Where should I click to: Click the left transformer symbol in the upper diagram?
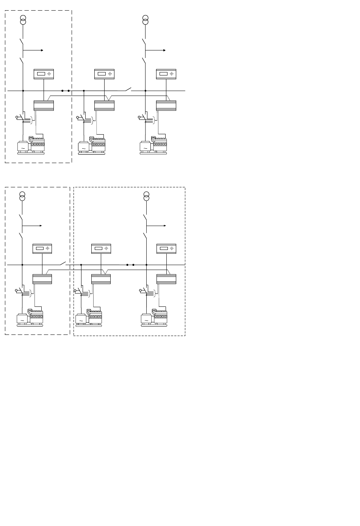23,20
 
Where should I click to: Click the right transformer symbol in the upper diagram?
146,20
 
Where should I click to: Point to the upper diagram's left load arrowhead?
42,50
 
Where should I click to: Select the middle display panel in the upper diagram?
104,74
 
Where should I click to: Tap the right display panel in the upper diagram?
166,74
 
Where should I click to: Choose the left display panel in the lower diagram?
42,249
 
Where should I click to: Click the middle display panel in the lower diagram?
101,249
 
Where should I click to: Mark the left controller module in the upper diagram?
44,105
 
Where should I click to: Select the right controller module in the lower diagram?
166,279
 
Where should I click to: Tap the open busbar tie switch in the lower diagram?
63,263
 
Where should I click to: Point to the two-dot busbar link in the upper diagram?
65,91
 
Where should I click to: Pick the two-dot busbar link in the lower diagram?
130,265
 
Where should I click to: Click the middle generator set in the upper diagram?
92,146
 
